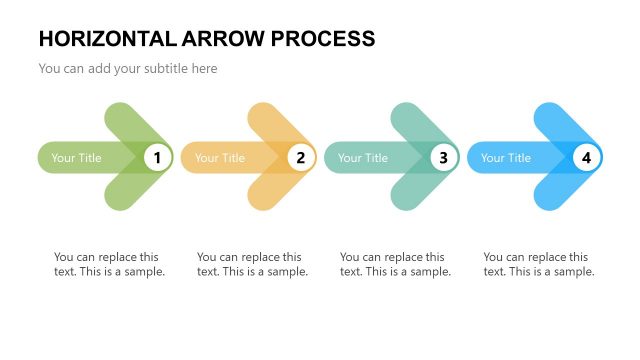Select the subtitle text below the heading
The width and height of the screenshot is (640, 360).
(x=128, y=69)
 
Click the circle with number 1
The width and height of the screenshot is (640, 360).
(x=157, y=157)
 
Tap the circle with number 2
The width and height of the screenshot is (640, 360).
(x=300, y=157)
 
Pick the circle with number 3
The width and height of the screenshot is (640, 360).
(x=443, y=157)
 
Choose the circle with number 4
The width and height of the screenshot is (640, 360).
(x=586, y=157)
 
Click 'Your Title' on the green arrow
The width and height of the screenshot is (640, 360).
(x=77, y=158)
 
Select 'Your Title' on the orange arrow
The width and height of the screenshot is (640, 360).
(x=220, y=158)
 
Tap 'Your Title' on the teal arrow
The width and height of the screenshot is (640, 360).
(x=363, y=158)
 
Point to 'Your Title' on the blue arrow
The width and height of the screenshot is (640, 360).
(x=506, y=158)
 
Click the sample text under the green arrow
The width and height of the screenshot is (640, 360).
(x=109, y=264)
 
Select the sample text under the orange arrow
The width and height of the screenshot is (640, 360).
(x=252, y=264)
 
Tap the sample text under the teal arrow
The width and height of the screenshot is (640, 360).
(x=395, y=264)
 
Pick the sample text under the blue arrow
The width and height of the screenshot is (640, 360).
(x=538, y=264)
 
